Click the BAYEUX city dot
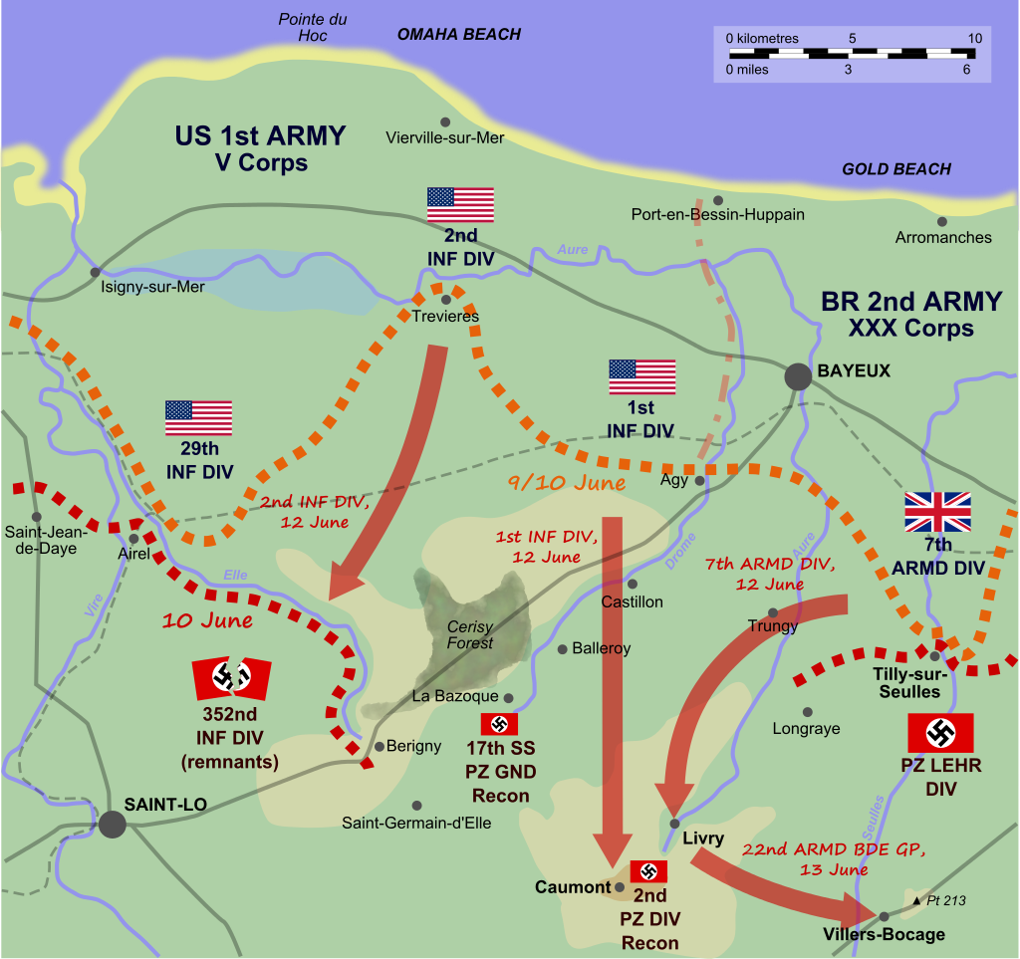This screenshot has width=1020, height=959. [x=797, y=375]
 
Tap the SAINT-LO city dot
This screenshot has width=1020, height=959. [x=113, y=824]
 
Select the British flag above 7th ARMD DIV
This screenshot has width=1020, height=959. [x=937, y=512]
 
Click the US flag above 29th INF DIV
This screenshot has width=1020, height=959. [x=198, y=418]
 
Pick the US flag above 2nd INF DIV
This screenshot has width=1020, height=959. [x=460, y=205]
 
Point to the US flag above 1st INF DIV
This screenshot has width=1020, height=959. [x=642, y=377]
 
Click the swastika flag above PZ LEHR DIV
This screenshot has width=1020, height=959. [x=940, y=733]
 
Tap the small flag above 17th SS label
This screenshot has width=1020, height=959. [x=499, y=724]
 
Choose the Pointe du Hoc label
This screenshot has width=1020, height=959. [x=312, y=27]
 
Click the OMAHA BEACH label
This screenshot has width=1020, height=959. [x=458, y=35]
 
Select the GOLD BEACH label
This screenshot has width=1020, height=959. [x=896, y=169]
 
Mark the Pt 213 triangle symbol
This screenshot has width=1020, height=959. [x=916, y=900]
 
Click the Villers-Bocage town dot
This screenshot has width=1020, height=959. [x=884, y=916]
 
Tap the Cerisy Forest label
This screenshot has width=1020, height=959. [x=470, y=635]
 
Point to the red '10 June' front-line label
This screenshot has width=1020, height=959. [x=207, y=619]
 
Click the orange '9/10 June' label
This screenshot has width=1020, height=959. [x=566, y=484]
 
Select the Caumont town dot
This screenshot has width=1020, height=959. [x=620, y=886]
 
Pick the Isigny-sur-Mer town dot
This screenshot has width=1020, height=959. [x=95, y=272]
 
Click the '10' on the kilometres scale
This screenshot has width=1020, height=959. [x=974, y=39]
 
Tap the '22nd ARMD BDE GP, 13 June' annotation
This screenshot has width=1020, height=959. [x=833, y=858]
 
